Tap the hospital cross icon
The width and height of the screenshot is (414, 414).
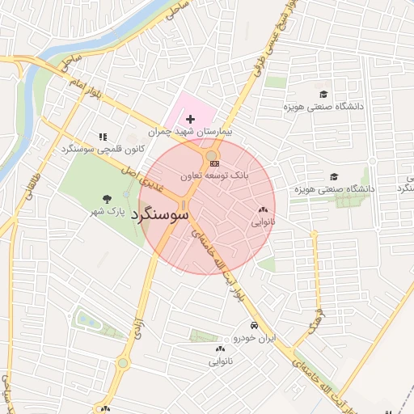coord(190,119)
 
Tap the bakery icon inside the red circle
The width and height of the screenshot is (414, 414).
coord(263,210)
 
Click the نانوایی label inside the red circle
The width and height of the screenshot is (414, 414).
coord(263,221)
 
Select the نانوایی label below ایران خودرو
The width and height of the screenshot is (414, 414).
coord(221,361)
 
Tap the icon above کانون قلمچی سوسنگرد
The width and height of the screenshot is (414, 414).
coord(102,137)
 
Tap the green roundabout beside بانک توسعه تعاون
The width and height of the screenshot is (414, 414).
coord(212,154)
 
